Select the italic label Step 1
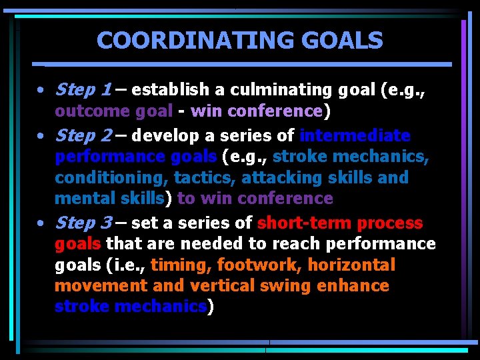tap(83, 89)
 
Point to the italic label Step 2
tap(83, 136)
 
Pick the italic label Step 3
tap(83, 223)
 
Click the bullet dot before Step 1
tap(41, 90)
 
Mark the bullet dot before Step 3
tap(41, 223)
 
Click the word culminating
tap(266, 89)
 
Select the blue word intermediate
tap(355, 136)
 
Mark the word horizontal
tap(351, 265)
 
